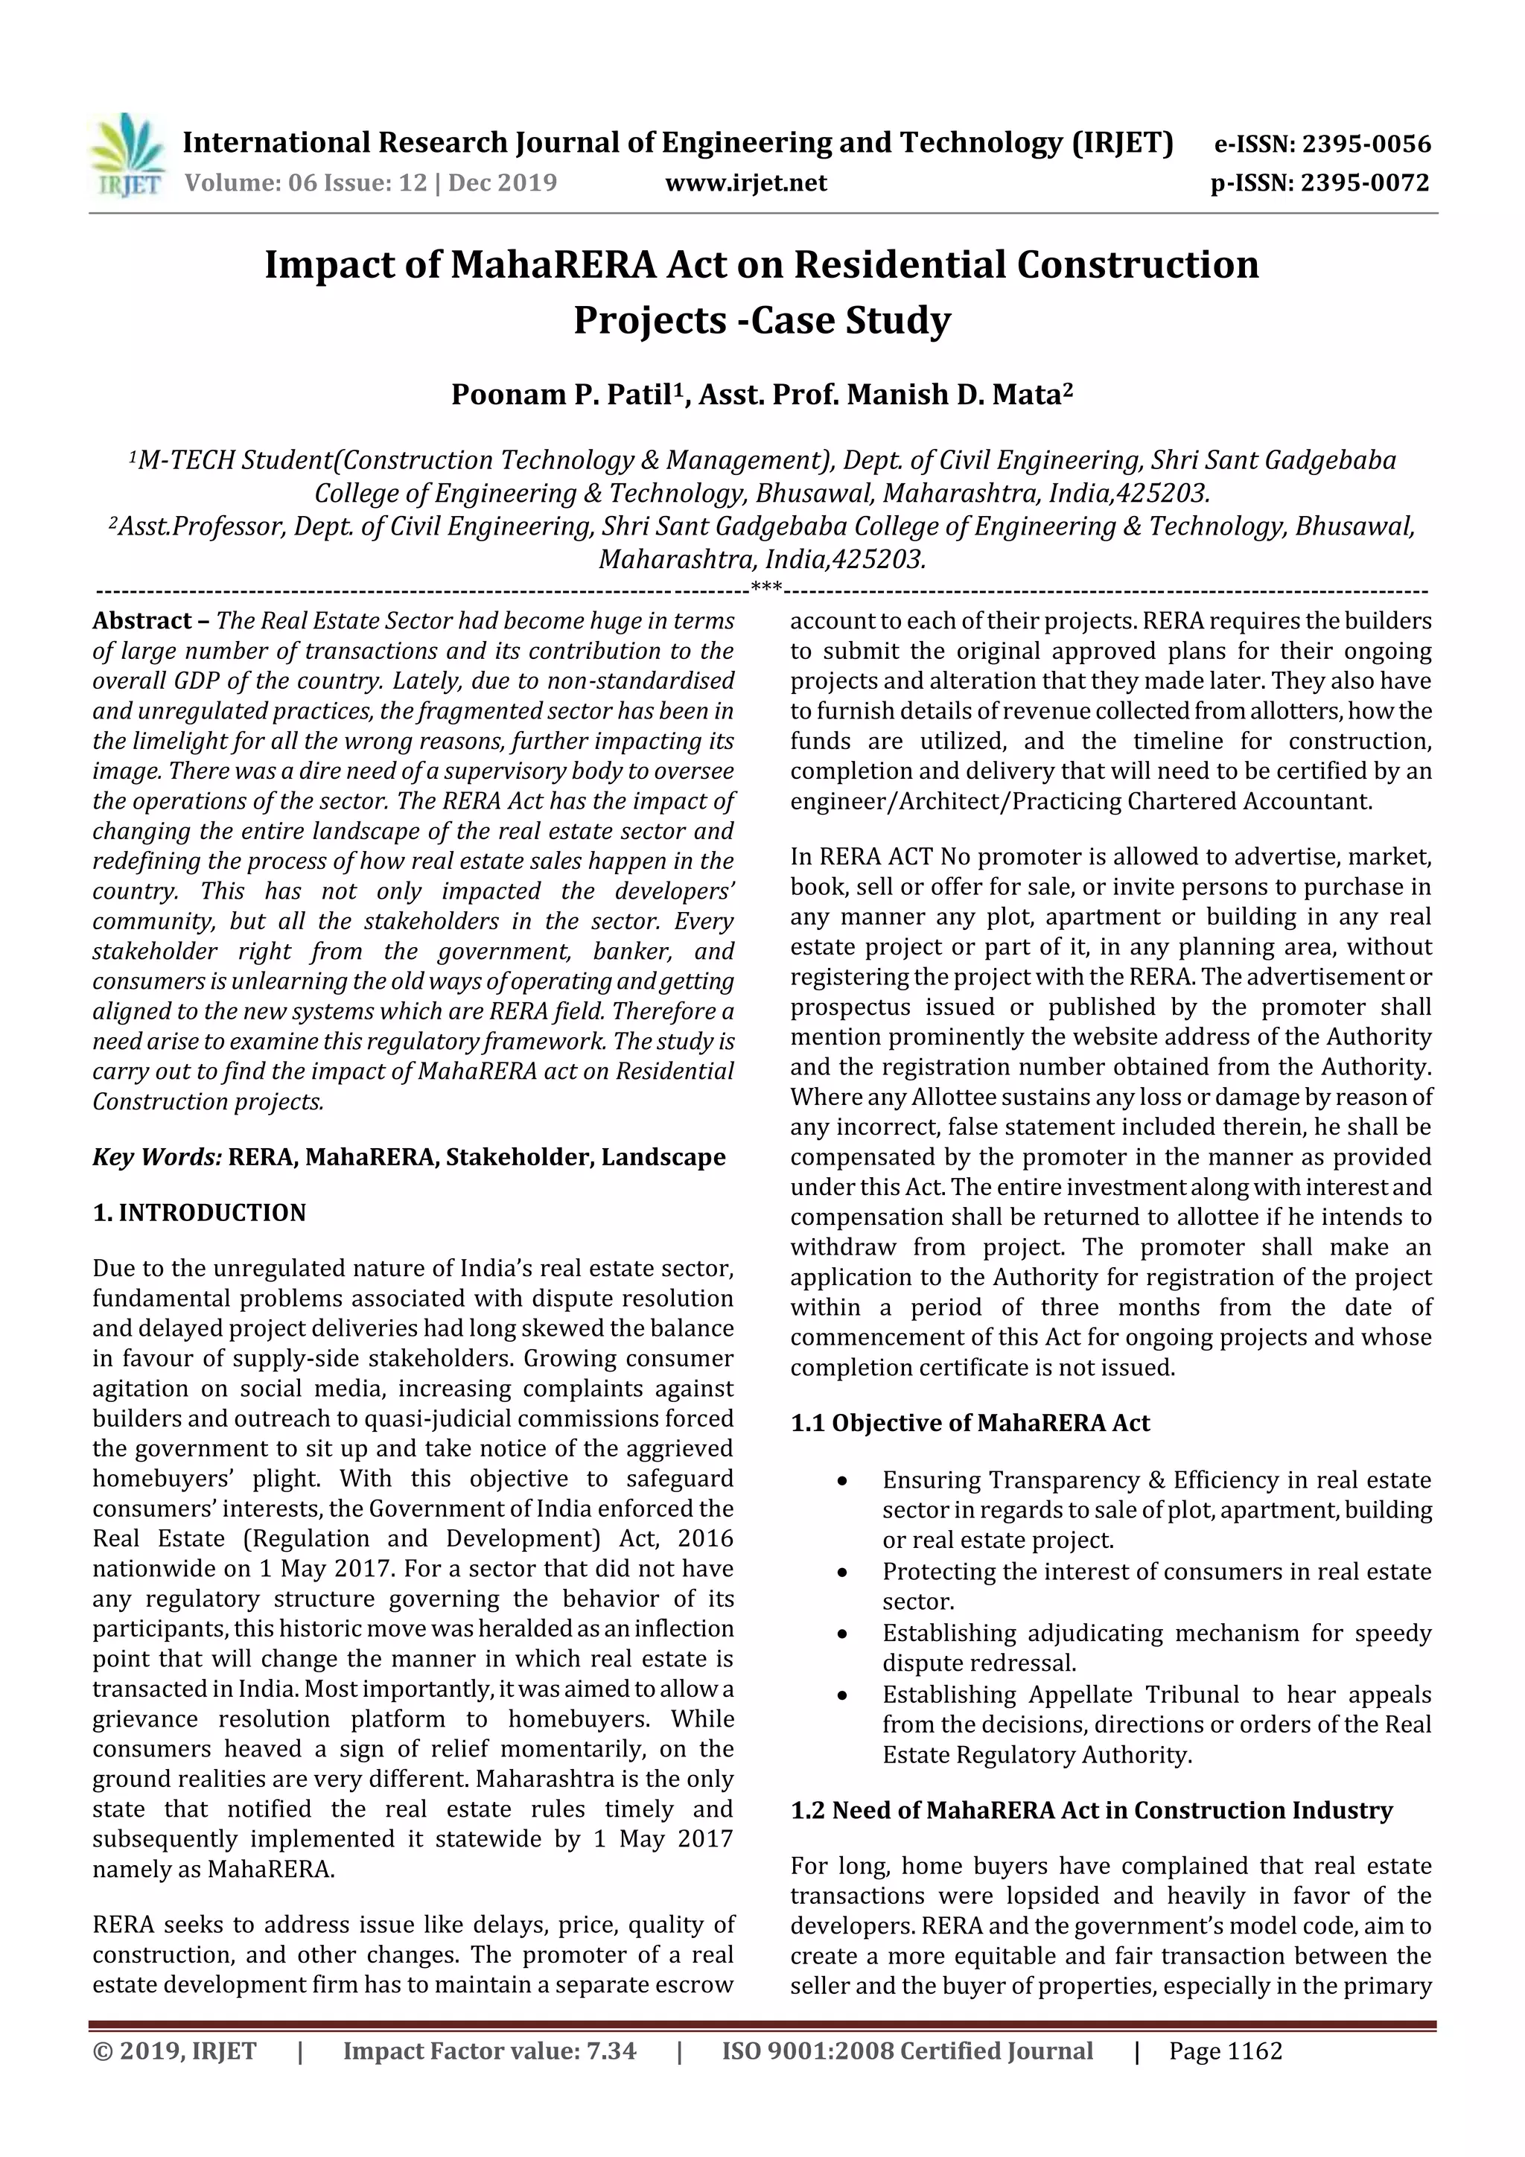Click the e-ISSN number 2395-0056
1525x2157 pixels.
[x=1366, y=144]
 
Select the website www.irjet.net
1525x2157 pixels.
[x=745, y=183]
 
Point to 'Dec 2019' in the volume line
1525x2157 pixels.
[x=503, y=182]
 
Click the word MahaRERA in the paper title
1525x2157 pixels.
[x=553, y=265]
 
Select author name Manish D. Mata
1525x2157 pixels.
[x=953, y=395]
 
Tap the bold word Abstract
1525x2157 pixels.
[x=142, y=621]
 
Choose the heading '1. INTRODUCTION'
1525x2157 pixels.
[x=200, y=1213]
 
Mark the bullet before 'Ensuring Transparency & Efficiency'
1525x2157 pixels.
[x=843, y=1482]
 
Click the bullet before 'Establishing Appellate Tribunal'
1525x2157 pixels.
[x=843, y=1695]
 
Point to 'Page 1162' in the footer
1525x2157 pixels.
[x=1225, y=2051]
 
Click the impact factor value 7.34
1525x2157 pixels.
[x=611, y=2051]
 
